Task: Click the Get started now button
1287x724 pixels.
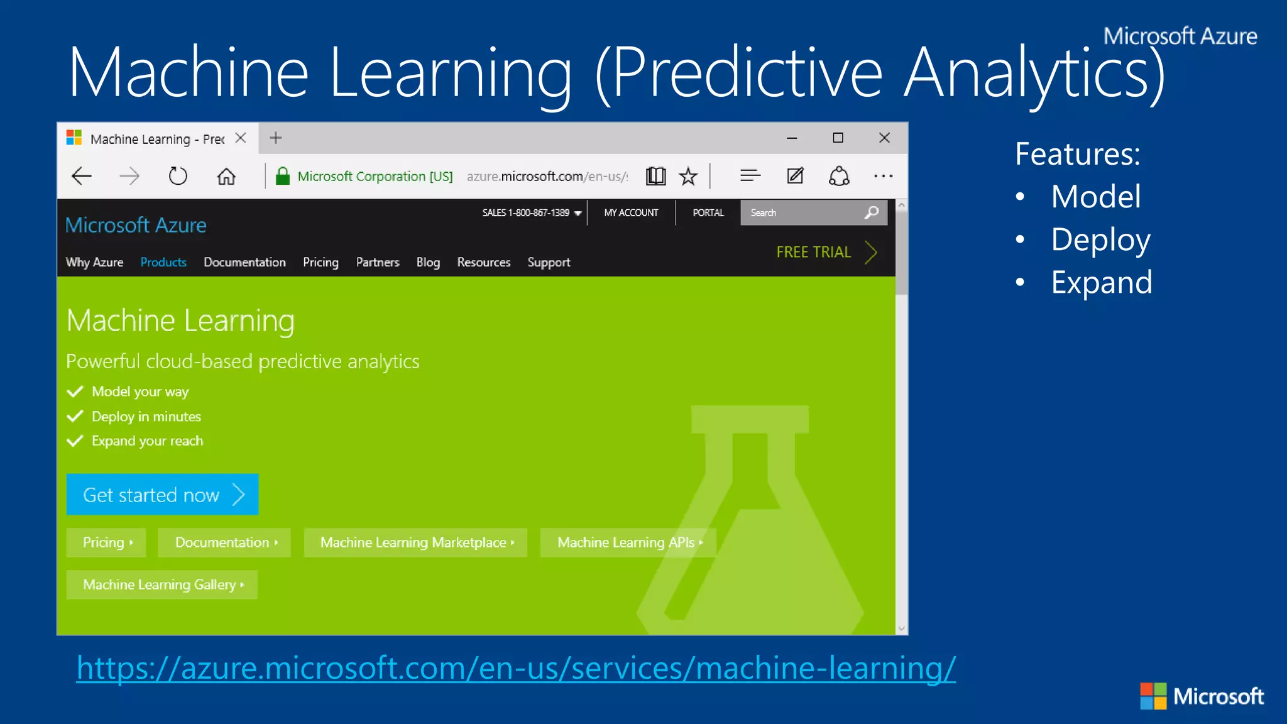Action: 162,495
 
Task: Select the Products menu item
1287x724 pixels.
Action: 163,262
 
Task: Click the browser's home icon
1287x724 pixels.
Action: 226,177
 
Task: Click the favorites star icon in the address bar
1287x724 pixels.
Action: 689,177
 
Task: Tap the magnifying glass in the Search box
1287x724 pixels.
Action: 872,212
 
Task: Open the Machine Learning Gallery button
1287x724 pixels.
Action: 162,584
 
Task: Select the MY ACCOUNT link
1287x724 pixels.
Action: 631,212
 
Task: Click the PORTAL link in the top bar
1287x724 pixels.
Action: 708,212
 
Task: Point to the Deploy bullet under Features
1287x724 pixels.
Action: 1100,240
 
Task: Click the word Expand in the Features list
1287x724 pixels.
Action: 1102,283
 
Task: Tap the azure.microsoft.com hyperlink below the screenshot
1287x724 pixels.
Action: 515,668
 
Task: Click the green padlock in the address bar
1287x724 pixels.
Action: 283,176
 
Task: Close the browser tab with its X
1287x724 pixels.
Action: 241,138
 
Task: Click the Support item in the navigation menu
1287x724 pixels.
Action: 549,262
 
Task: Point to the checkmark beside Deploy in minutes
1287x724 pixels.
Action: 75,417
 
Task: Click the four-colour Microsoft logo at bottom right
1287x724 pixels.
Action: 1153,696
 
